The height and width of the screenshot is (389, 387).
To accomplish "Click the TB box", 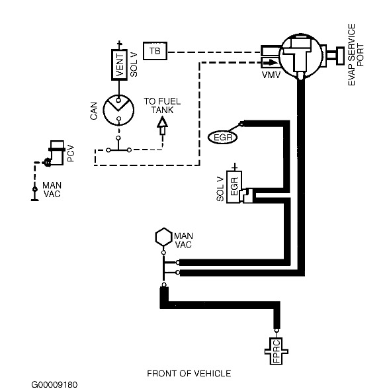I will [x=155, y=50].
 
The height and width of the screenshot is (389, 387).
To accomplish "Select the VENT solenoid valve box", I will [x=120, y=65].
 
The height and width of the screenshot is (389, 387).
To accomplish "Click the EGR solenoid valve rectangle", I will [x=237, y=189].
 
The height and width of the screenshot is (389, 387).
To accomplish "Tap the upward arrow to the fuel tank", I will [x=161, y=124].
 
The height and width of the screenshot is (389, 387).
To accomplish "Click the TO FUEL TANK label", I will [x=162, y=106].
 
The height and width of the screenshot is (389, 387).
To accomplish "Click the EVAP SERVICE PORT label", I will [x=357, y=53].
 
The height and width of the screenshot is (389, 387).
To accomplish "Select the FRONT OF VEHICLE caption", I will [x=190, y=373].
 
